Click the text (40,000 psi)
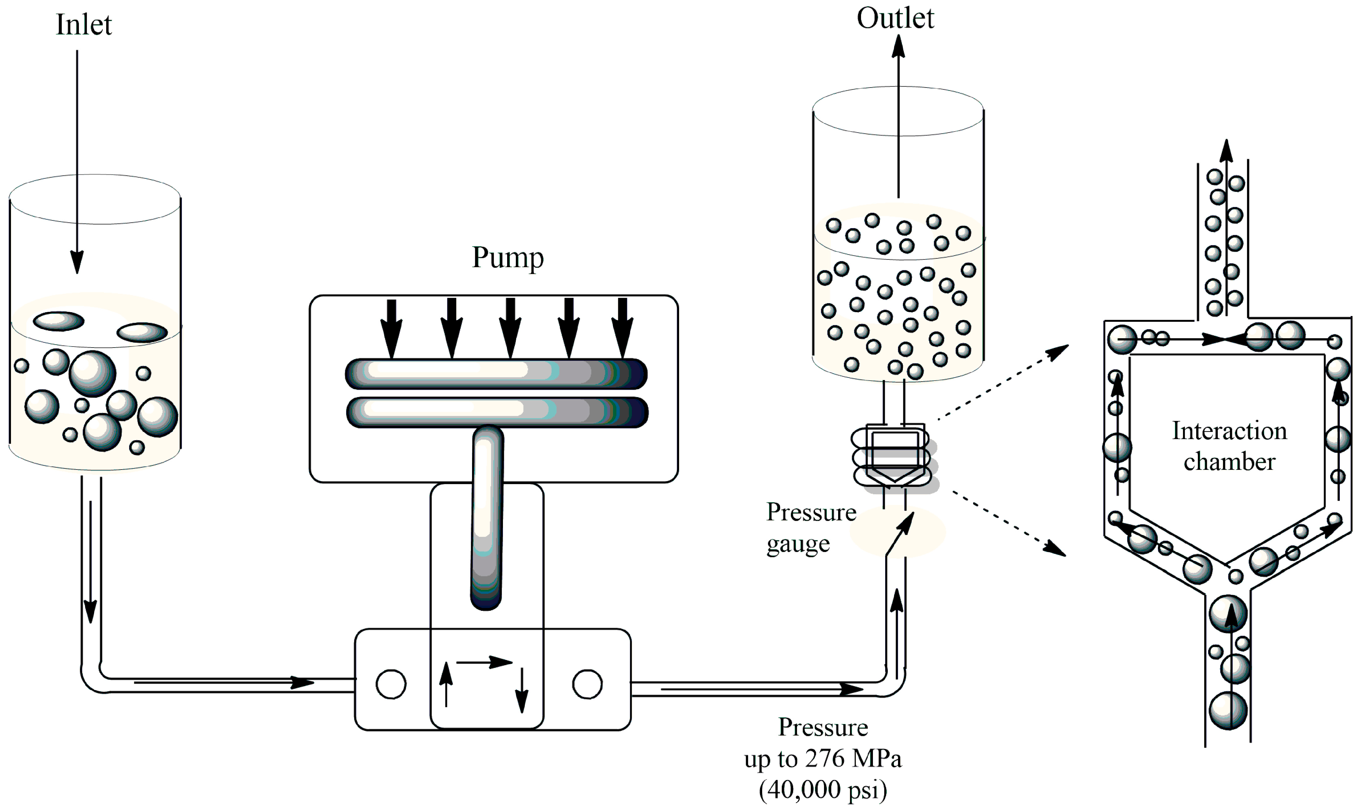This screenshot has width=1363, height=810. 823,789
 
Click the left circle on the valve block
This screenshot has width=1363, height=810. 391,684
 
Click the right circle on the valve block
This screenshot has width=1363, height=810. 587,684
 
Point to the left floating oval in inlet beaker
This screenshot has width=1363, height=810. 58,321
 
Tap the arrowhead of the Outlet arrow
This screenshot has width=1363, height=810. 898,46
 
